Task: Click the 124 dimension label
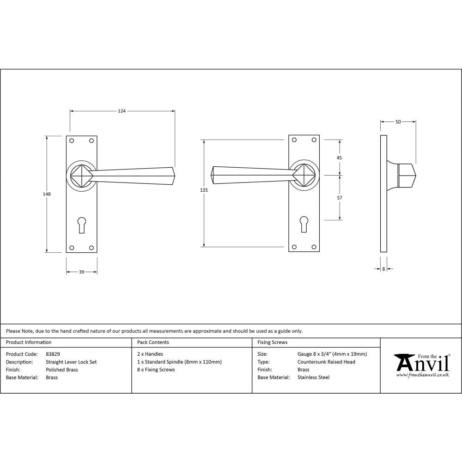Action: click(x=122, y=111)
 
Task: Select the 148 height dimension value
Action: click(x=46, y=194)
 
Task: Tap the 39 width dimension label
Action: click(x=81, y=272)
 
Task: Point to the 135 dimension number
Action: click(x=204, y=190)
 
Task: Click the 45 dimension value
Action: click(x=339, y=158)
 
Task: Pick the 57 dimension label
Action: click(x=339, y=197)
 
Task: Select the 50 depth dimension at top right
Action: click(x=398, y=122)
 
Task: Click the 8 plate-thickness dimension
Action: click(x=383, y=268)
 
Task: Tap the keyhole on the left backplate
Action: click(x=82, y=225)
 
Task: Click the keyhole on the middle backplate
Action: click(x=304, y=224)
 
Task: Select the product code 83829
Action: click(x=53, y=354)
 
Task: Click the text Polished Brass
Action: click(x=62, y=370)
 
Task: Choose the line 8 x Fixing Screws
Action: click(x=156, y=370)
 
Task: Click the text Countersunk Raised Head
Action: click(x=326, y=362)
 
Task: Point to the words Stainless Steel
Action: click(x=313, y=377)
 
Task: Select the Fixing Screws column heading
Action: click(x=272, y=342)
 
